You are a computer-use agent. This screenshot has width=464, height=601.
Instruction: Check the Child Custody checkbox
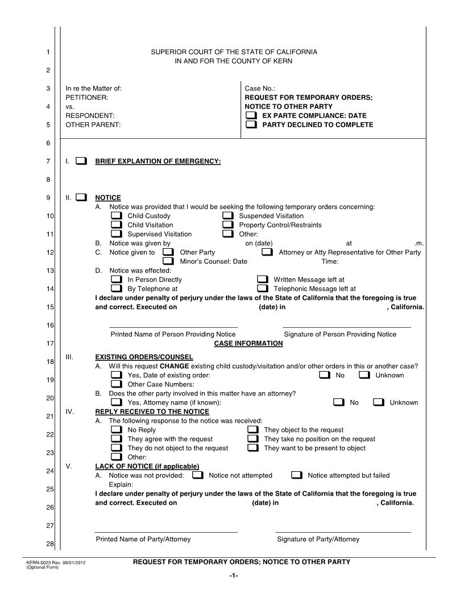point(116,216)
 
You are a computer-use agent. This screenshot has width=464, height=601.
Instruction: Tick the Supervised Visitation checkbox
point(116,234)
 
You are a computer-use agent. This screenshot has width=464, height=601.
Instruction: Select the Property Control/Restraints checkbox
point(227,225)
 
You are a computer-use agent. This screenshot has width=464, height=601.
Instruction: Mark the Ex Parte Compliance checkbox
point(251,116)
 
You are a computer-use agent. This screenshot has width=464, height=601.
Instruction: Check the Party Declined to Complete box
point(251,125)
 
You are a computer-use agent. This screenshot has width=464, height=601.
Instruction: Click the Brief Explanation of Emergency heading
point(158,162)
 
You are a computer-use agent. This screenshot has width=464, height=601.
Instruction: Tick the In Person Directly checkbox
point(116,280)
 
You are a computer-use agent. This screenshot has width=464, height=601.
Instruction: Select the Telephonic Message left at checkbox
point(262,289)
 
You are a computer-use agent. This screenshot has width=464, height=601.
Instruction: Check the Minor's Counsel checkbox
point(168,261)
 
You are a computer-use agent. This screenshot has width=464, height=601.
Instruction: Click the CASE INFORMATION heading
point(248,344)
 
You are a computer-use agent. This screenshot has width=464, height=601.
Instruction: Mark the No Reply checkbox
point(116,430)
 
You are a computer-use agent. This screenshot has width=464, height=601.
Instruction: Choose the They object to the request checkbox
point(253,430)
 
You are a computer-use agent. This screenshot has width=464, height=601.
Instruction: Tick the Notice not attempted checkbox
point(197,475)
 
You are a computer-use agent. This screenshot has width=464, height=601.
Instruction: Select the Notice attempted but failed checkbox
point(296,475)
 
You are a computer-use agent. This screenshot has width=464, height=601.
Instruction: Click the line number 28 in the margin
point(49,545)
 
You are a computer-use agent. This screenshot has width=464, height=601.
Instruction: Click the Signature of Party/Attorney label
point(318,540)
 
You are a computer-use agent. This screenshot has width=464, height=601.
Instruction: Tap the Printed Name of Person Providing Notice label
point(173,335)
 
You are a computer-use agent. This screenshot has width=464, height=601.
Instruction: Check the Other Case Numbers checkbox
point(116,384)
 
